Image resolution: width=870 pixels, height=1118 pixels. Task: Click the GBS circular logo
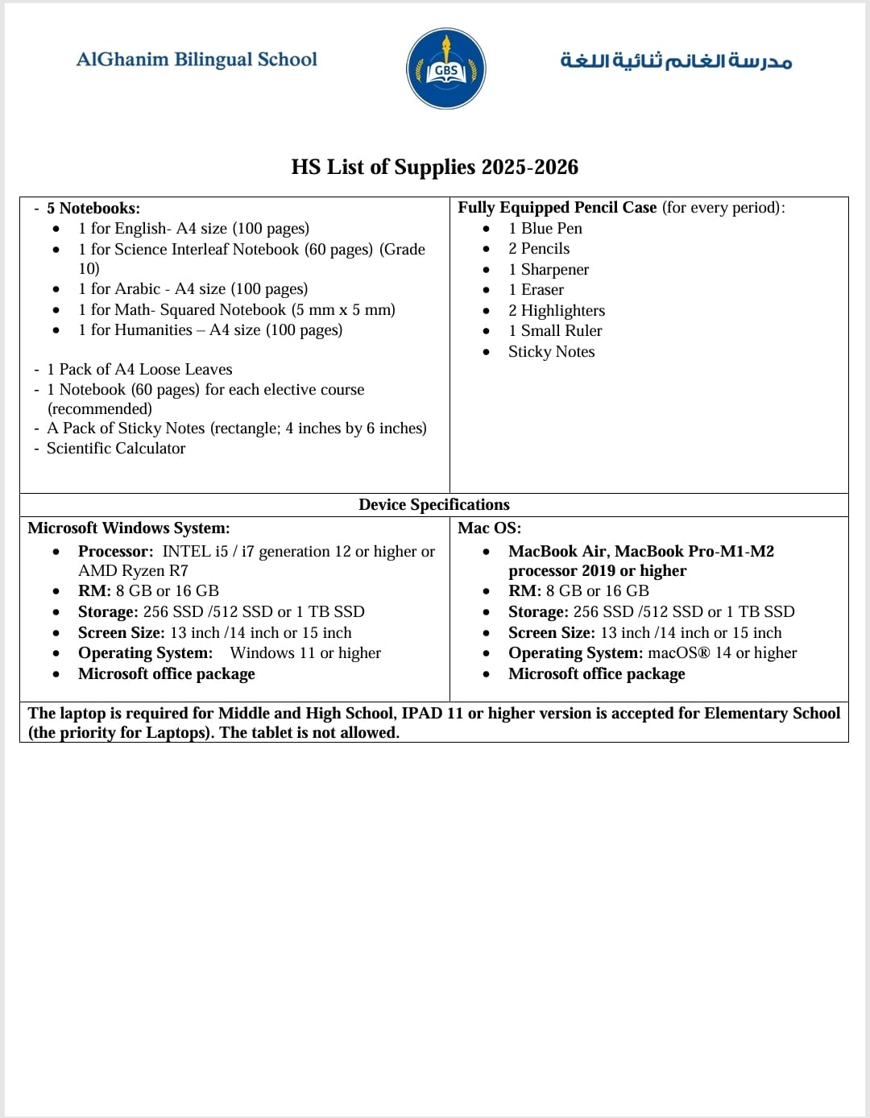(x=445, y=69)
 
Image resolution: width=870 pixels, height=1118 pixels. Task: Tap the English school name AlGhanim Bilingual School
(x=197, y=60)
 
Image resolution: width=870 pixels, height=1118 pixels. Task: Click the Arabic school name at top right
(x=676, y=61)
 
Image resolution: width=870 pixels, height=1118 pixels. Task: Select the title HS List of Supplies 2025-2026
(x=434, y=167)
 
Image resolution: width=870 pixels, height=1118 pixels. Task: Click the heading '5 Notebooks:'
(x=93, y=208)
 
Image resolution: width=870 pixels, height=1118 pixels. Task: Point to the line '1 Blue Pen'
(x=545, y=229)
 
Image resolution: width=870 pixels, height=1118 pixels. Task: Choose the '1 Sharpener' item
(x=548, y=270)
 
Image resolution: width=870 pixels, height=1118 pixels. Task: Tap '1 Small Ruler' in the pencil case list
(x=554, y=331)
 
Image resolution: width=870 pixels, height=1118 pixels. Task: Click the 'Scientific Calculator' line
(x=116, y=449)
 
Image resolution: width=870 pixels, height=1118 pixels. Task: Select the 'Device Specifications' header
(x=433, y=505)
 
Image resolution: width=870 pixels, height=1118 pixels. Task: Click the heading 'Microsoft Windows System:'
(x=129, y=528)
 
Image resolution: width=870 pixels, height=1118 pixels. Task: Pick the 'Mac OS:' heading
(x=489, y=528)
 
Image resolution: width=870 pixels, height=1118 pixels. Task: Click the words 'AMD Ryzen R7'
(x=133, y=571)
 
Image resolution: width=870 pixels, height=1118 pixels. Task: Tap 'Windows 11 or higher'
(x=305, y=653)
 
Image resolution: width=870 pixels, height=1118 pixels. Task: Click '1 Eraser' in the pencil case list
(x=536, y=290)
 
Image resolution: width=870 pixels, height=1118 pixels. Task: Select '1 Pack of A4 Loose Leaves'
(x=139, y=370)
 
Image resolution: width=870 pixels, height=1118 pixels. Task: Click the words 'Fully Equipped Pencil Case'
(x=557, y=208)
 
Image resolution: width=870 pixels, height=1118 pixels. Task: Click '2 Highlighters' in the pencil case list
(x=556, y=311)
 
